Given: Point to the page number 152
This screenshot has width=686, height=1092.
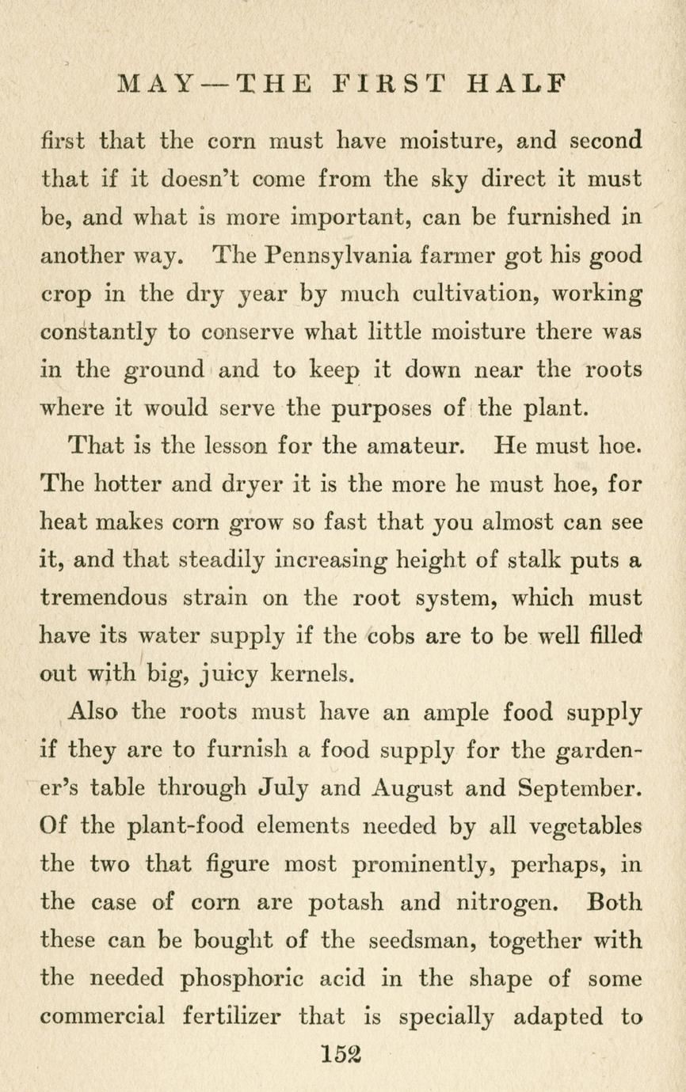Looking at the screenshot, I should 342,1052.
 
